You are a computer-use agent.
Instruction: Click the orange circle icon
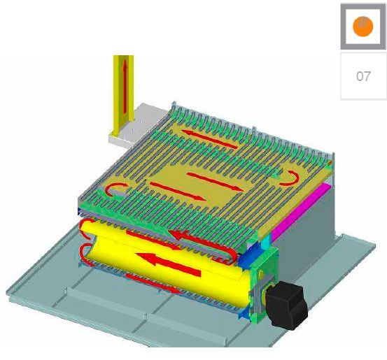pos(363,27)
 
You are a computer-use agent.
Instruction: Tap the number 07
pos(363,76)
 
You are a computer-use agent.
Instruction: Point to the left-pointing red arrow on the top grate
pos(209,139)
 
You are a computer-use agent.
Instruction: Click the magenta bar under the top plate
pos(300,212)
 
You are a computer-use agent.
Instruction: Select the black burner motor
pos(287,305)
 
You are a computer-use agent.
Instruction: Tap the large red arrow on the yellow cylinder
pos(169,264)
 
